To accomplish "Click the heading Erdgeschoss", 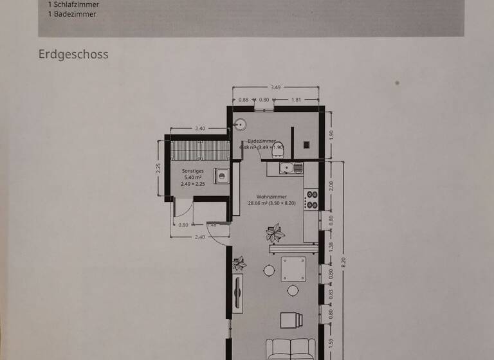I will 73,54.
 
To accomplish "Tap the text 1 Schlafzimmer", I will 73,4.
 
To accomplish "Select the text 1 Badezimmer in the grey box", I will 71,14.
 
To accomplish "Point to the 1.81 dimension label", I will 297,100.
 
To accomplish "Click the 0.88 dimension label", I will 244,100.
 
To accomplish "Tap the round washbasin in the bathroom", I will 241,125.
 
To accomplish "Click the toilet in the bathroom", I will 279,147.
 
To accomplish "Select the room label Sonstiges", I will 193,172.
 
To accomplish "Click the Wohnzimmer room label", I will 271,197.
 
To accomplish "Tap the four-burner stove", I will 311,199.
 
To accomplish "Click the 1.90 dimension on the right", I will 331,134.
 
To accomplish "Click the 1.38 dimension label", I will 331,246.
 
